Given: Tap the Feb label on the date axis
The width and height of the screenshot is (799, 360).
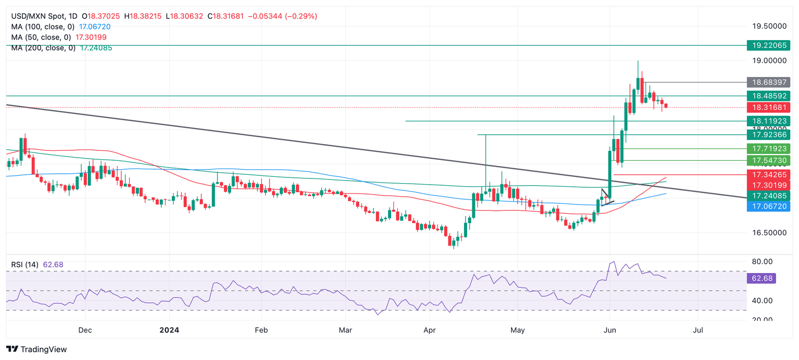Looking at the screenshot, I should (261, 330).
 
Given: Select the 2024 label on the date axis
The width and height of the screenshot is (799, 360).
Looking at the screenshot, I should (169, 330).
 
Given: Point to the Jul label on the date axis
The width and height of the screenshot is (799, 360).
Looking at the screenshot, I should (698, 330).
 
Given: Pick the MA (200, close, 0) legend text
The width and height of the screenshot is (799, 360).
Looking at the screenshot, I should (43, 48).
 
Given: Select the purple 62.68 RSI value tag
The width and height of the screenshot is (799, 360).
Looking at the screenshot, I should (761, 278).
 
